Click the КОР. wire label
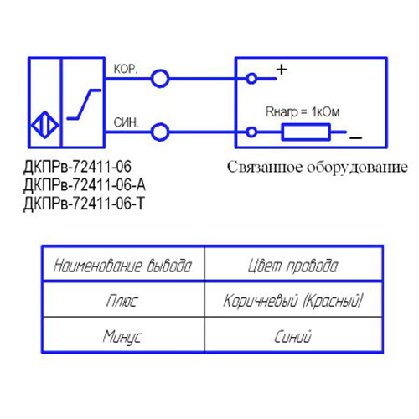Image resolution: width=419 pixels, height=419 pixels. pyautogui.click(x=126, y=69)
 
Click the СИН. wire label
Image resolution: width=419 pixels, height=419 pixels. pyautogui.click(x=126, y=122)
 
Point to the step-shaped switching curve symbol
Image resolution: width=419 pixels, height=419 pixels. pyautogui.click(x=84, y=104)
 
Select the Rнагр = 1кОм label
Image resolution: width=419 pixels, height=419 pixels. pyautogui.click(x=303, y=112)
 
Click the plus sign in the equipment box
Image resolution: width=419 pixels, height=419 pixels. pyautogui.click(x=282, y=70)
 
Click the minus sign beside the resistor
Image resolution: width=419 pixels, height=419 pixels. pyautogui.click(x=356, y=137)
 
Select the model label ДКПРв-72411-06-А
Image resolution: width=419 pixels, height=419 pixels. pyautogui.click(x=84, y=185)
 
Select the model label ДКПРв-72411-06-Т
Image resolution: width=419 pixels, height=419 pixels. pyautogui.click(x=84, y=204)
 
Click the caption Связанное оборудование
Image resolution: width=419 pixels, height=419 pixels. pyautogui.click(x=318, y=168)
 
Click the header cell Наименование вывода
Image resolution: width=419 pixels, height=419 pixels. pyautogui.click(x=123, y=266)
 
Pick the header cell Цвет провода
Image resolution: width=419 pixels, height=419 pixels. pyautogui.click(x=293, y=266)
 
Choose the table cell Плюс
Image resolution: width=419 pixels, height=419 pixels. pyautogui.click(x=122, y=301)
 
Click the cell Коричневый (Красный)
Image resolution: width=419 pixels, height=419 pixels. pyautogui.click(x=293, y=301)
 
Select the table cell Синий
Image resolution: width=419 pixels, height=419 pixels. pyautogui.click(x=292, y=336)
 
